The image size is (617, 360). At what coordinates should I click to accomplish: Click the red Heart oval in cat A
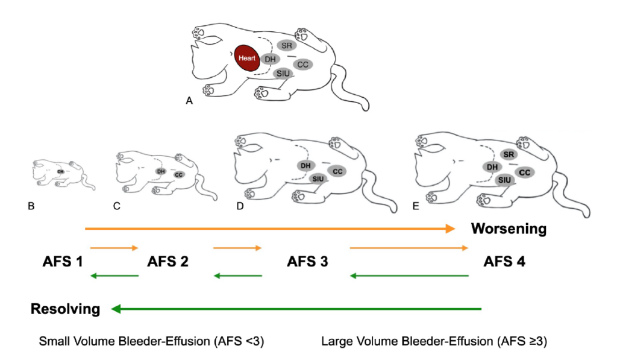coord(247,58)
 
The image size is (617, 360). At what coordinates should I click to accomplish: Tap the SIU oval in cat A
coord(282,74)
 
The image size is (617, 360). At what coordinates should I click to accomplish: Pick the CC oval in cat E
coord(524,172)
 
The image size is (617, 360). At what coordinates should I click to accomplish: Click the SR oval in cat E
coord(508,155)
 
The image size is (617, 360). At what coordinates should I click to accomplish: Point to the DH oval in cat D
coord(305,165)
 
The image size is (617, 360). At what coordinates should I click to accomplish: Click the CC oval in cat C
coord(179,174)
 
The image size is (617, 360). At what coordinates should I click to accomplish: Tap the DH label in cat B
coord(60,171)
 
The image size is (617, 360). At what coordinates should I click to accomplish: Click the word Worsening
coord(509,229)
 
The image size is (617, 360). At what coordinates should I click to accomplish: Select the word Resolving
coord(66,309)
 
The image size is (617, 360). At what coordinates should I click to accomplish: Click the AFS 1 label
coord(63,262)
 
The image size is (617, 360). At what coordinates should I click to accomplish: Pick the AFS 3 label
coord(307,262)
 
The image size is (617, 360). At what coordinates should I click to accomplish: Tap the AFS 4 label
coord(504,262)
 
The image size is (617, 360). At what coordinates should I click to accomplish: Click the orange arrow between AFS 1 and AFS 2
coord(114,248)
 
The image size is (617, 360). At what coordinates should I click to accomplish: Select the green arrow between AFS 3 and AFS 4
coord(409,276)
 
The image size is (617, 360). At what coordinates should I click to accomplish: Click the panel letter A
coord(189,103)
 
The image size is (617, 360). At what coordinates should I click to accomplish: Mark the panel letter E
coord(415,206)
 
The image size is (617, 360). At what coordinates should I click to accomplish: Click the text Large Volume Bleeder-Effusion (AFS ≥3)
coord(434,342)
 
